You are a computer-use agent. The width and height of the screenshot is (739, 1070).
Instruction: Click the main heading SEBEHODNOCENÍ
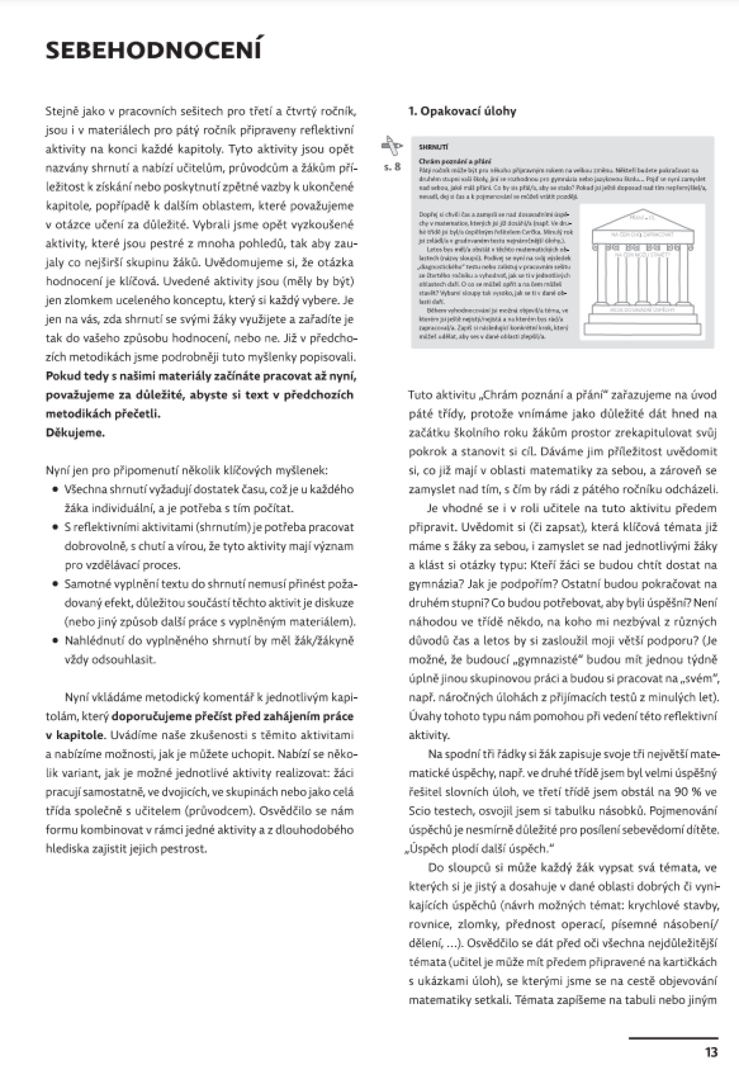[153, 51]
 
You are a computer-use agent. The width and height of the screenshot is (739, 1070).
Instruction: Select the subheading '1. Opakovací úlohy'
[462, 111]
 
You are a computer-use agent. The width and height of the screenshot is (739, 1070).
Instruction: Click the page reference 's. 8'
[392, 167]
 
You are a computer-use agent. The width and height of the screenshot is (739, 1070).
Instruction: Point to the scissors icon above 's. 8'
[392, 146]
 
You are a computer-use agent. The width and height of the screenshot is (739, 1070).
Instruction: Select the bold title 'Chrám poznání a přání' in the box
[455, 161]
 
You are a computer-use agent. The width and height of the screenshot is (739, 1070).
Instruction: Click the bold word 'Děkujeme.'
[75, 433]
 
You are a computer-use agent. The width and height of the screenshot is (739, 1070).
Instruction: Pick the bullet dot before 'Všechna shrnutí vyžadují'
[55, 490]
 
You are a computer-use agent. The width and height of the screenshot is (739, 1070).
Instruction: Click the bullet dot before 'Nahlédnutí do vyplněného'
[55, 641]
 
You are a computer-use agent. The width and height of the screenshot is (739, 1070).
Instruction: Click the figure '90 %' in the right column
[688, 792]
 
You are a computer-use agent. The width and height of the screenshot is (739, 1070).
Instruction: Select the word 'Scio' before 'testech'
[420, 811]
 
